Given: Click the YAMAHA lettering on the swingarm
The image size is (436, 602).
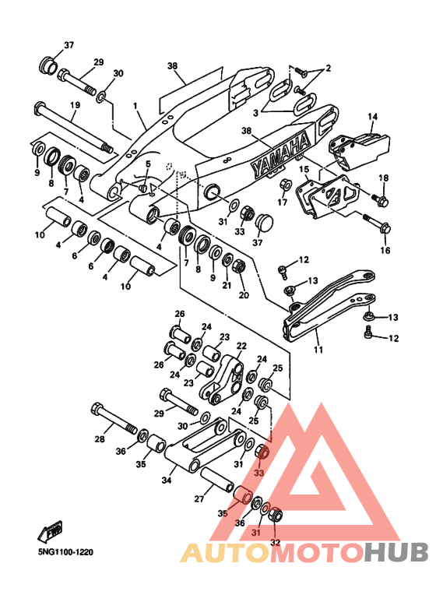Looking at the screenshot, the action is (280, 155).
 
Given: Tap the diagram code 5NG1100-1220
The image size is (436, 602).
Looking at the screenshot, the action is (65, 552).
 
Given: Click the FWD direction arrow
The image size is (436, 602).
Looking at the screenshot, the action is (51, 532).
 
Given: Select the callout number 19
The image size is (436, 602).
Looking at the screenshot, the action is (75, 105).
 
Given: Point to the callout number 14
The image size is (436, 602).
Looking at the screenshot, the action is (373, 116).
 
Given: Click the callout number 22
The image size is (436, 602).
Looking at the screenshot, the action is (241, 346).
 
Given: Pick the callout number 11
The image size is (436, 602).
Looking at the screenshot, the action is (318, 350).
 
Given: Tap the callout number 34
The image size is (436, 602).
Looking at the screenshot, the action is (166, 480).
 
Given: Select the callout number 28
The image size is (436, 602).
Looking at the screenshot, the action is (100, 438).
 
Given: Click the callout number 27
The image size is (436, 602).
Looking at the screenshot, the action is (199, 498).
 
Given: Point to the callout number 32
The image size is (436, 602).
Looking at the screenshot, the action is (275, 543).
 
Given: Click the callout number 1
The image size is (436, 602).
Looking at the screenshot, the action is (135, 105).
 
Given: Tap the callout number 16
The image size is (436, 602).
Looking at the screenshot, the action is (385, 250).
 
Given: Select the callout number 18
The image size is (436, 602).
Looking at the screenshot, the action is (383, 178).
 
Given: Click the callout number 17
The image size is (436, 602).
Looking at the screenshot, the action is (282, 202).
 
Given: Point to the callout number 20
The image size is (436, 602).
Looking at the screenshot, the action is (244, 295).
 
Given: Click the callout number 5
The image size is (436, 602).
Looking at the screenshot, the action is (148, 164).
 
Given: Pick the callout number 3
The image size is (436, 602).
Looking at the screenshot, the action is (255, 113).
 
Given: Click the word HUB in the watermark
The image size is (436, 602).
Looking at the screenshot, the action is (396, 552).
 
